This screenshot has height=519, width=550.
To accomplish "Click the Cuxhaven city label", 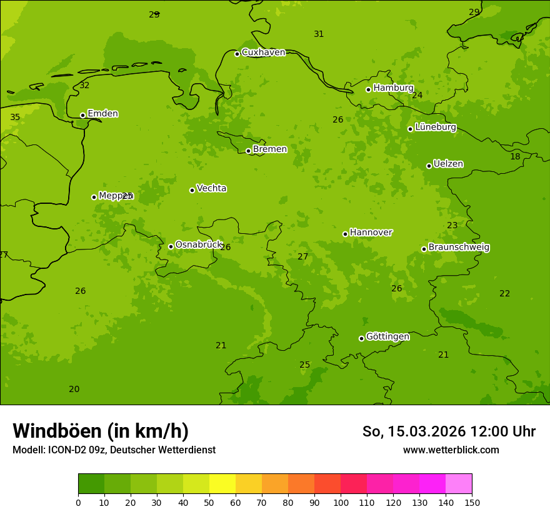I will [263, 52].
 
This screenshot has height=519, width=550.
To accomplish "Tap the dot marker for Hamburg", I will [369, 89].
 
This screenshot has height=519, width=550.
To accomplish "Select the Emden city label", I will [102, 113].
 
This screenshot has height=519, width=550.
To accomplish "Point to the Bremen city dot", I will [248, 151].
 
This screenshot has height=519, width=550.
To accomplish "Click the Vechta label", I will [211, 188].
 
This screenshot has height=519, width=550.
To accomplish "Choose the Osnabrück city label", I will [199, 244].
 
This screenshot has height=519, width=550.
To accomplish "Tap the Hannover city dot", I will [345, 234].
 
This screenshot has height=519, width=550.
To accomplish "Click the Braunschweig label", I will [459, 247].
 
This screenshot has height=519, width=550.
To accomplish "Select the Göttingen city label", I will [387, 336].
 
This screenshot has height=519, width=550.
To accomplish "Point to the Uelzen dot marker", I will [429, 166].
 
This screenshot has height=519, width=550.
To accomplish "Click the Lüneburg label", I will [435, 127].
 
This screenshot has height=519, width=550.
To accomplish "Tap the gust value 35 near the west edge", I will [15, 117].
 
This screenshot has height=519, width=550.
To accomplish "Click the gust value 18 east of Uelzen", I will [515, 156].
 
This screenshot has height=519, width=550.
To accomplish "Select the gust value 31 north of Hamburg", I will [319, 34].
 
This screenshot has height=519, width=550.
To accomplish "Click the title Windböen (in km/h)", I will [101, 431].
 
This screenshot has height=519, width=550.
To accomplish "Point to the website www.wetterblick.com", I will [451, 450].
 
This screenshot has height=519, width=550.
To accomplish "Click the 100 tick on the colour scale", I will [341, 502].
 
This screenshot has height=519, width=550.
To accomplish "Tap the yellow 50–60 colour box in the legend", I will [222, 484].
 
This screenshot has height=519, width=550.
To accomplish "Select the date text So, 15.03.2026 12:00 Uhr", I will [449, 431].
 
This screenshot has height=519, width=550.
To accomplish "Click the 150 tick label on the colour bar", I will [472, 502].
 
